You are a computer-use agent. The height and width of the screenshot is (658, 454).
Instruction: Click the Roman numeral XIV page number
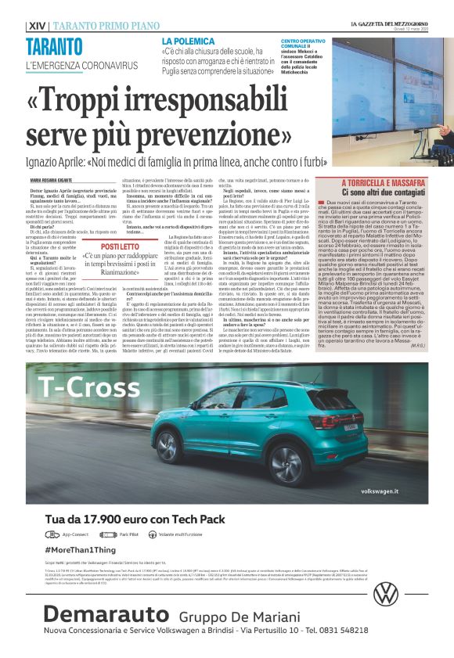tap(35, 26)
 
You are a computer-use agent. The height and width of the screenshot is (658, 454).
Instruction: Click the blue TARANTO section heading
tap(54, 46)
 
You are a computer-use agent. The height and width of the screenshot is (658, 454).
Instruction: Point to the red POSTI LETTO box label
tap(120, 246)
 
